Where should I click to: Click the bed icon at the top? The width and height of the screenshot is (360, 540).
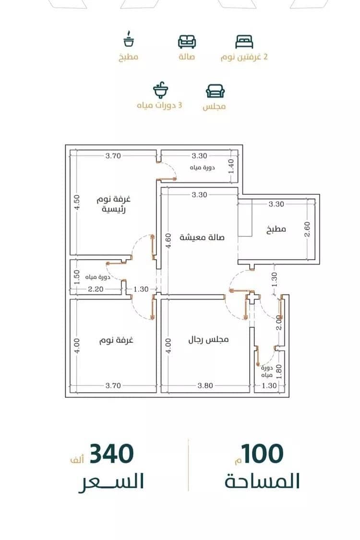(244, 42)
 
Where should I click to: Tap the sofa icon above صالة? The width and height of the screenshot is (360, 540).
(187, 42)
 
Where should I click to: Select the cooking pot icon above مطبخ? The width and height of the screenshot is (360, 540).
(129, 39)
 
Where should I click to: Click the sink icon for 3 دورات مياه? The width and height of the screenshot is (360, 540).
(160, 91)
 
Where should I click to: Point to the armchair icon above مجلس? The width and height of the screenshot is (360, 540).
(215, 91)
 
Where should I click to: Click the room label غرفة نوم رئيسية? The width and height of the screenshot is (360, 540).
(114, 204)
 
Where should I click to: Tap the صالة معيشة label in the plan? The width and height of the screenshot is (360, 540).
(202, 237)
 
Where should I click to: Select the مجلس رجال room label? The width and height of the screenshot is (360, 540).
(208, 339)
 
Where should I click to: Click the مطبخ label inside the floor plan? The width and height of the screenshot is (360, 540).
(276, 229)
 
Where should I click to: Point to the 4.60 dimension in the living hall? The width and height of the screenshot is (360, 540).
(168, 242)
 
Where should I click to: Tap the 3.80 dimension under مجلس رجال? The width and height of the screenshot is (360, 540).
(205, 386)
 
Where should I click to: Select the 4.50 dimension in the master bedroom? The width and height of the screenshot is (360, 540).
(77, 202)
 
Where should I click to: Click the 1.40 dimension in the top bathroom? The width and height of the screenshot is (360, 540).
(231, 166)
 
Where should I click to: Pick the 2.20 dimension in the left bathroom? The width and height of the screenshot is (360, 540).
(96, 289)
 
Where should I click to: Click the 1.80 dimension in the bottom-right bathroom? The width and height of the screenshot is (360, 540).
(279, 372)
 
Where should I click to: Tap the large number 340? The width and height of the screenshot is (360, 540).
(112, 454)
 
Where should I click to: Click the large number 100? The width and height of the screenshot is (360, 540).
(262, 454)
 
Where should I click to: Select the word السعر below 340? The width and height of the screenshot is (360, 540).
(111, 482)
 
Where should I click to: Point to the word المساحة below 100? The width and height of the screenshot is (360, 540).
(262, 481)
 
